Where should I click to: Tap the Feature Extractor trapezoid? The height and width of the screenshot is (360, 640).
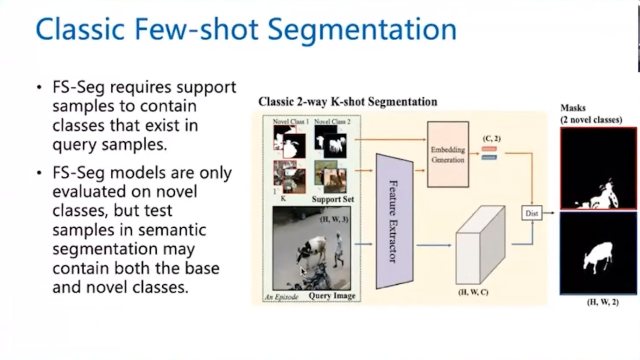[395, 221]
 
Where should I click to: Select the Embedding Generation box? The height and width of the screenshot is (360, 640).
[447, 154]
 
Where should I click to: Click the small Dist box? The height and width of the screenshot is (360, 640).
[532, 213]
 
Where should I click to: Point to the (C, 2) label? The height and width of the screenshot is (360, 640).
[491, 138]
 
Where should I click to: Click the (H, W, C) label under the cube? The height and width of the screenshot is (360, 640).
[474, 293]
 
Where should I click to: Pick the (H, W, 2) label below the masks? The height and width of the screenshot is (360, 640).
[603, 302]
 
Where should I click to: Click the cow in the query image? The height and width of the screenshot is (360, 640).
[312, 249]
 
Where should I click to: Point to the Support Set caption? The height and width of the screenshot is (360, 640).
[333, 199]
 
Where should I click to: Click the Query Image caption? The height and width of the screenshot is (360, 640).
[332, 295]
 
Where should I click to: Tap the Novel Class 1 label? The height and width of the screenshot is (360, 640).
[290, 122]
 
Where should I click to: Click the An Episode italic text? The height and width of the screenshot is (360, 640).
[282, 296]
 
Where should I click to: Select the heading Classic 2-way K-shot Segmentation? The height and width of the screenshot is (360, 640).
[348, 101]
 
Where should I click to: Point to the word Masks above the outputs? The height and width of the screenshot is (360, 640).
[573, 108]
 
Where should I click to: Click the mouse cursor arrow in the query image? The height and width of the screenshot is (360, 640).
[303, 271]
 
